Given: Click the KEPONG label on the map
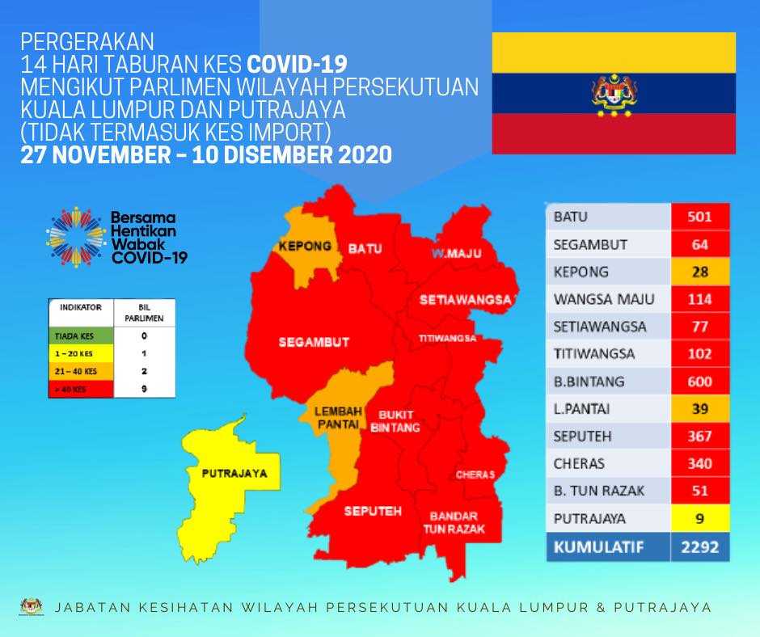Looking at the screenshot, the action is [x=305, y=247].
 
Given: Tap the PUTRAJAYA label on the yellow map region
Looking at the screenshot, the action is [x=234, y=473].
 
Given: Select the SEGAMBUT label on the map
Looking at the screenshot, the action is [x=314, y=342].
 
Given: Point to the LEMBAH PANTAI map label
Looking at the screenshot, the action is [x=338, y=418].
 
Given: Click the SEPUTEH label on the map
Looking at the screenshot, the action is [x=373, y=511].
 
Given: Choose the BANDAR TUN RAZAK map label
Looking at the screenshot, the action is [x=454, y=522].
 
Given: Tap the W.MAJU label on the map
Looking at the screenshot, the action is [x=456, y=253].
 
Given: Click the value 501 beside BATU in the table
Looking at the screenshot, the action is [x=700, y=216].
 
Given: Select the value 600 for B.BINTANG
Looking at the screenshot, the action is [x=700, y=382].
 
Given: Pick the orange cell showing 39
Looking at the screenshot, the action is [x=700, y=409].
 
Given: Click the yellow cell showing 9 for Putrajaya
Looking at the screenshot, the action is [x=700, y=519].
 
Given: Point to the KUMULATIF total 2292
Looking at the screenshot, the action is [x=700, y=547].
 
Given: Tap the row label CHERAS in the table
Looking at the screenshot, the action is [x=579, y=464].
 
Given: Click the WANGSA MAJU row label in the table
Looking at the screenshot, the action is [x=604, y=299].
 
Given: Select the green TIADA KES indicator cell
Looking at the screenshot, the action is [x=81, y=336].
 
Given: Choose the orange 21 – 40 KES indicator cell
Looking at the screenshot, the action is [x=81, y=371].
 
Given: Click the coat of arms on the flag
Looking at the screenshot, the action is [x=614, y=95].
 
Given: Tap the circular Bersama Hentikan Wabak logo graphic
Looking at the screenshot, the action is [x=76, y=237].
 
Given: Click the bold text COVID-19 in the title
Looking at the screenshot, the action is [x=297, y=64].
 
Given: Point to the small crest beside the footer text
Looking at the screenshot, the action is [x=32, y=606].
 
